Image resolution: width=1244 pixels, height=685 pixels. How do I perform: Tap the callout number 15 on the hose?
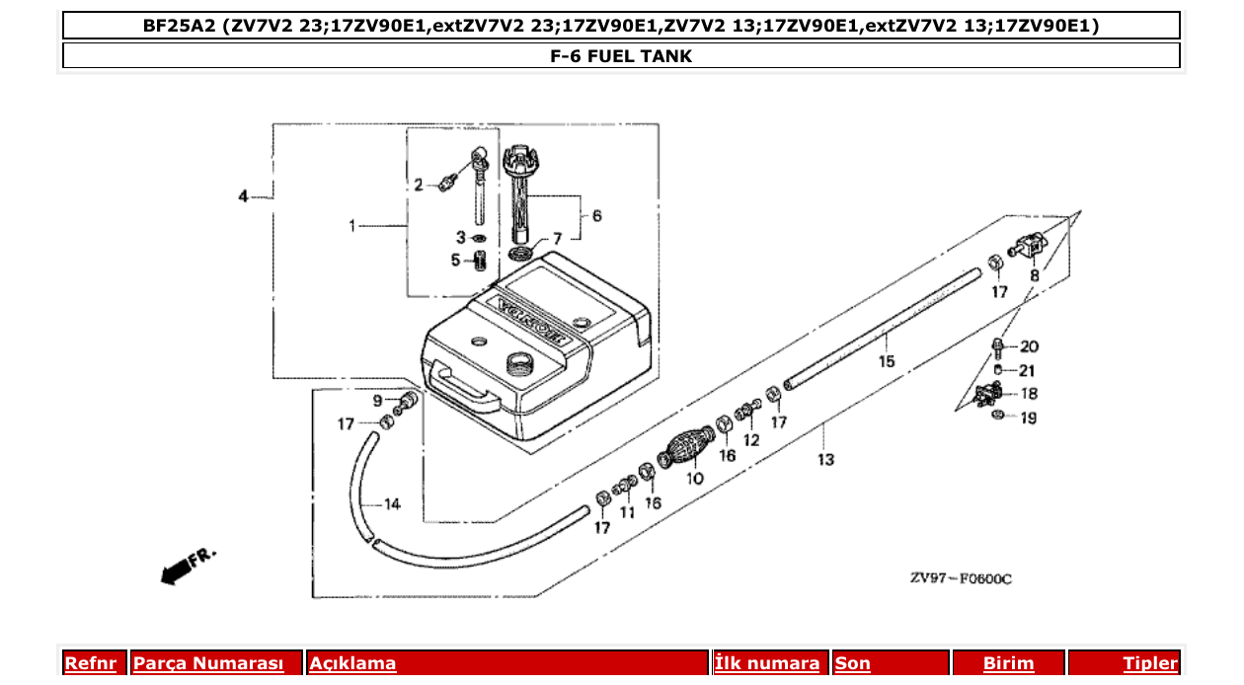pos(887,361)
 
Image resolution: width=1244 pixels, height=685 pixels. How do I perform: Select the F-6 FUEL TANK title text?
pos(621,56)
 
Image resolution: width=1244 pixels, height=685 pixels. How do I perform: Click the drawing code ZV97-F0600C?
pos(960,578)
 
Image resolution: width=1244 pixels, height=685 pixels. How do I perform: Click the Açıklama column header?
pos(352,663)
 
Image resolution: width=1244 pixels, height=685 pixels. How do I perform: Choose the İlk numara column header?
pos(767,663)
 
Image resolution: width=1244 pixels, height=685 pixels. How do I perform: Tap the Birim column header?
pos(1008,663)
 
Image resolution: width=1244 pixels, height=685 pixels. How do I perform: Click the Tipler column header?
pos(1150,663)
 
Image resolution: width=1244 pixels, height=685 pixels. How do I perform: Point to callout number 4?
pos(243,197)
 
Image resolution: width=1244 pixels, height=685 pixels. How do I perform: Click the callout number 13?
pos(825,459)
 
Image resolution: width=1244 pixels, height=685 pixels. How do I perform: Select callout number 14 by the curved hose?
pos(392,504)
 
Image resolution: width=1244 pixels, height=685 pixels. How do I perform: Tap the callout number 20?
pos(1029,346)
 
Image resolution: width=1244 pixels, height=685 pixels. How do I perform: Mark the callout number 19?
pos(1028,418)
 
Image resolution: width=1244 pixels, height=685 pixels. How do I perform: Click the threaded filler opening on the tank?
pos(517,364)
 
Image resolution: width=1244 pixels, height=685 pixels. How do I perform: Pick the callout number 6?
pos(596,215)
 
